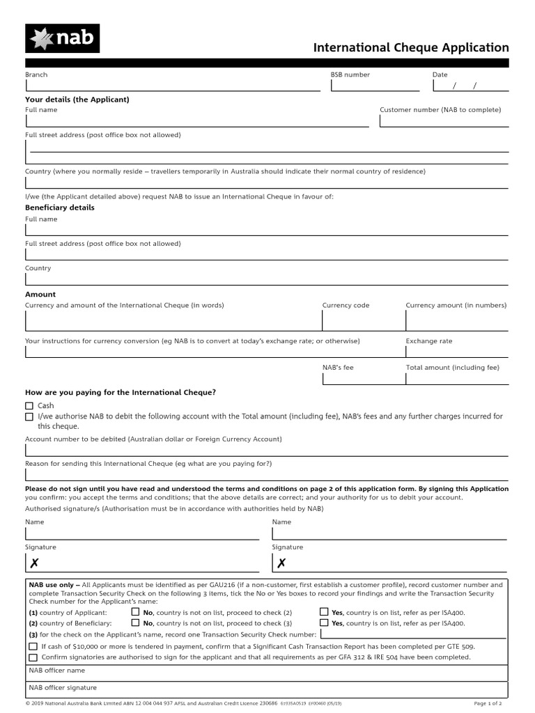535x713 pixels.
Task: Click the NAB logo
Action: (x=62, y=38)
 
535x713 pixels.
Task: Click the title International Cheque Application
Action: (x=411, y=48)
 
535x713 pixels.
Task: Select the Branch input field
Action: (x=172, y=86)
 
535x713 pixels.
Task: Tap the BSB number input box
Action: (x=375, y=86)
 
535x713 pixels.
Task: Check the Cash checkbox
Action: (x=29, y=406)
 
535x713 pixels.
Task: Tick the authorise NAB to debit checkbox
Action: (x=29, y=416)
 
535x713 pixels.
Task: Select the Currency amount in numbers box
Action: (x=457, y=320)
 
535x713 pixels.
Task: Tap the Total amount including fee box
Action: (x=457, y=378)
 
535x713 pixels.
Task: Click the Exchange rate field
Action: (x=457, y=352)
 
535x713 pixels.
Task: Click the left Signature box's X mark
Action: (x=34, y=563)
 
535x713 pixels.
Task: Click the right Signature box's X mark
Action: (x=281, y=563)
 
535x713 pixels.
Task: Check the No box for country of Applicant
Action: (x=135, y=612)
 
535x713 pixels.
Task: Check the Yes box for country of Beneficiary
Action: (x=324, y=623)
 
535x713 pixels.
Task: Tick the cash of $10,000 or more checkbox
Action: (x=33, y=646)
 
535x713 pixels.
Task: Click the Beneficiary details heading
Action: (x=60, y=207)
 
